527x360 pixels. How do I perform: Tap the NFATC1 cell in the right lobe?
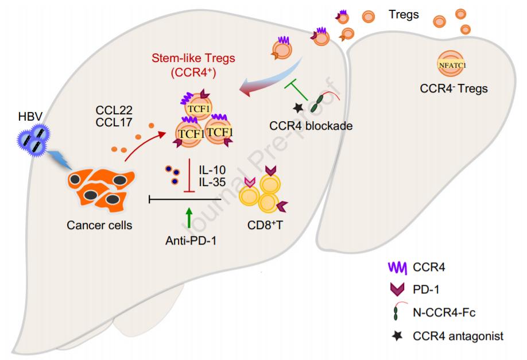click(x=453, y=65)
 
